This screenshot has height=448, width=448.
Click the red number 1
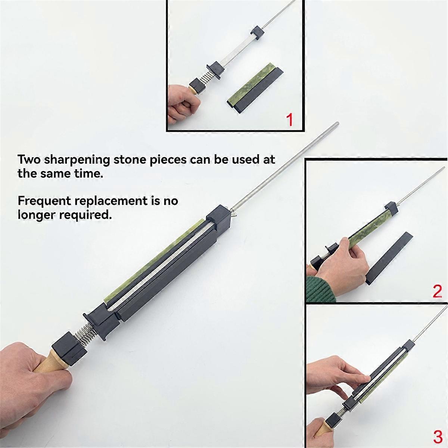289,120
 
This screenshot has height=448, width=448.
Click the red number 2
437,291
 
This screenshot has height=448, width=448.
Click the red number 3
438,436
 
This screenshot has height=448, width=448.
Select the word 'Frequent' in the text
44,201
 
